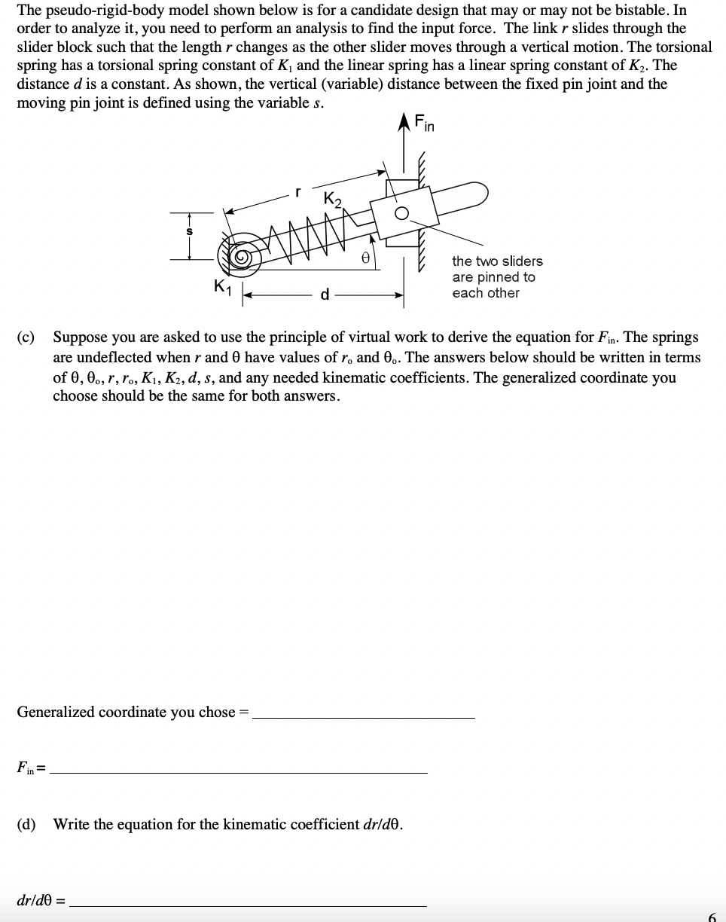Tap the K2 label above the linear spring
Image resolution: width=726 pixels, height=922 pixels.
pos(333,200)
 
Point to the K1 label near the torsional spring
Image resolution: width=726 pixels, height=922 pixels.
pos(221,287)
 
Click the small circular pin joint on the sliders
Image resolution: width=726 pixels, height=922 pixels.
pos(404,213)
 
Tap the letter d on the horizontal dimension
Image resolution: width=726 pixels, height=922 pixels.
pos(325,294)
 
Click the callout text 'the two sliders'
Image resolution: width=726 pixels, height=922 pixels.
pos(497,261)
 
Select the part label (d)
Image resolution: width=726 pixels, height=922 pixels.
pos(26,824)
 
